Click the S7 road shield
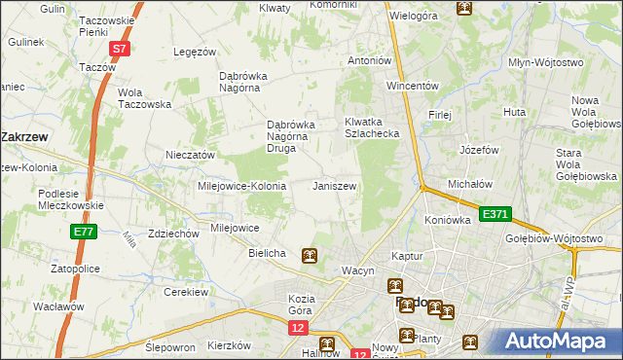point(118,48)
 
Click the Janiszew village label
point(334,185)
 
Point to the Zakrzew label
point(26,137)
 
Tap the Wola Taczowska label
point(144,98)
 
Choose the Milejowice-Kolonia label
point(241,185)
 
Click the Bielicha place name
point(267,253)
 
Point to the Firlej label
point(440,115)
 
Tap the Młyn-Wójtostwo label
point(546,62)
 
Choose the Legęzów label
point(194,52)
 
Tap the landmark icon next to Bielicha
point(309,256)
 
